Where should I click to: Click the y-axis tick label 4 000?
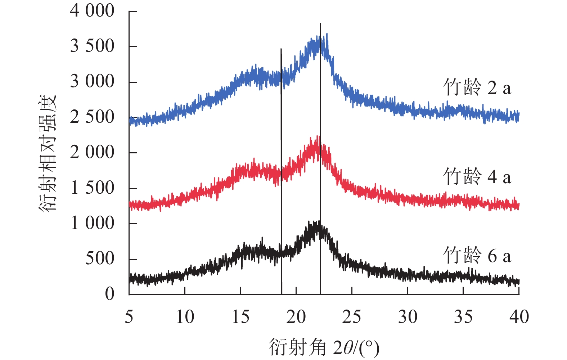click(x=92, y=11)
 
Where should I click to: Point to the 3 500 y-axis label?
click(x=92, y=46)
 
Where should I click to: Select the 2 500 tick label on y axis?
click(x=92, y=117)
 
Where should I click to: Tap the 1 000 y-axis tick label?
click(x=92, y=223)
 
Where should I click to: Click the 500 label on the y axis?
click(x=99, y=258)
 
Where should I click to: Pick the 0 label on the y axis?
click(x=109, y=294)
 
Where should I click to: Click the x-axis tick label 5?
click(x=129, y=317)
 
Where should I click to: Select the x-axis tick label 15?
click(x=240, y=317)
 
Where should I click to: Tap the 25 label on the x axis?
click(x=351, y=317)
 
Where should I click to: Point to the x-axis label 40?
click(x=519, y=317)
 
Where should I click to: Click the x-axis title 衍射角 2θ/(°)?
click(x=324, y=347)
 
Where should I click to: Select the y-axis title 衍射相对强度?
click(x=48, y=153)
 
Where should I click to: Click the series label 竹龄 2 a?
click(x=477, y=87)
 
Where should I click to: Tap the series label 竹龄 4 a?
click(x=477, y=177)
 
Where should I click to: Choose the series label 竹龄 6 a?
click(x=477, y=256)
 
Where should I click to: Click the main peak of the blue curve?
click(x=327, y=34)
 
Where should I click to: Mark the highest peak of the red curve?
click(x=317, y=137)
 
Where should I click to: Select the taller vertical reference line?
click(x=320, y=158)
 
